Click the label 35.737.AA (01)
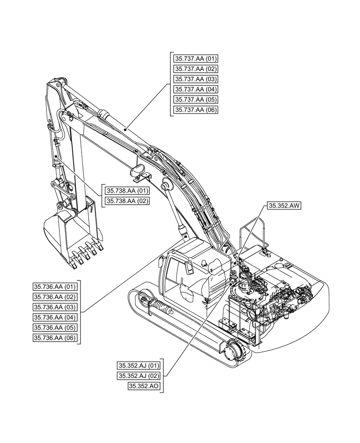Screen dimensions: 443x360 point(196,58)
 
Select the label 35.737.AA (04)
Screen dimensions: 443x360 point(196,89)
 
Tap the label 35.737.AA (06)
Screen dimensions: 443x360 point(196,110)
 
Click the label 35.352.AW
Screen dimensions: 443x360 point(284,206)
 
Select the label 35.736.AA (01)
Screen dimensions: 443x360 point(55,286)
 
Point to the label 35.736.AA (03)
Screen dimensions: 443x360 point(55,307)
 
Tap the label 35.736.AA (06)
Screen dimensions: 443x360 point(55,338)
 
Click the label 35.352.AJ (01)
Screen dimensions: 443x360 point(139,365)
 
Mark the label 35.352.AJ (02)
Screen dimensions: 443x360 point(139,376)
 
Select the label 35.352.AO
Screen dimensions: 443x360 point(144,386)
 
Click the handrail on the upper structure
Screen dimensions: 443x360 point(253,233)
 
